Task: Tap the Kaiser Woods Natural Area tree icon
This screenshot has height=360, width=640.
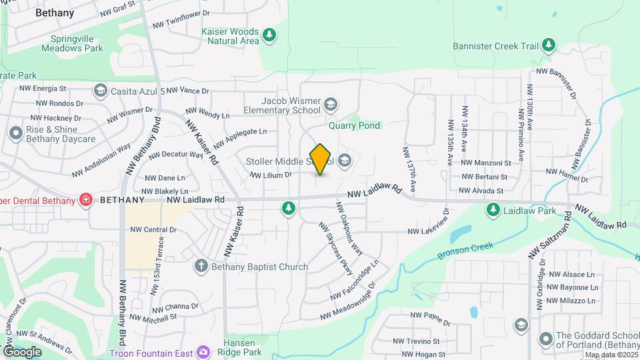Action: click(269, 35)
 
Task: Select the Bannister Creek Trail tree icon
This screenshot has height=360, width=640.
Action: click(549, 45)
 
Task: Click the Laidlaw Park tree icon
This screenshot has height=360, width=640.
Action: click(493, 211)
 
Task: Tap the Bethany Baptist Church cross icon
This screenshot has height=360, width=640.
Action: click(200, 267)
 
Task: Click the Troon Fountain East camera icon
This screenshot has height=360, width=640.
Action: click(203, 352)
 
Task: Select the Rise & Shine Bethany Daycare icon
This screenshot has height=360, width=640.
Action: click(15, 133)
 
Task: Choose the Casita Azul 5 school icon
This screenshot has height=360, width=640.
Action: click(100, 90)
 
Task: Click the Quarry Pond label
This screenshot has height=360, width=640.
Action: click(354, 125)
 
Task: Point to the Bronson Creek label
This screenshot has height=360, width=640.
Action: click(465, 251)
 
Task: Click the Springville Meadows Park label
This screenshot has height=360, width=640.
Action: click(72, 43)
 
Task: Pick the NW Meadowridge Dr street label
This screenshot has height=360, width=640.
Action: click(348, 301)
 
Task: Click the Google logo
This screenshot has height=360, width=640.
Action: click(22, 351)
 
